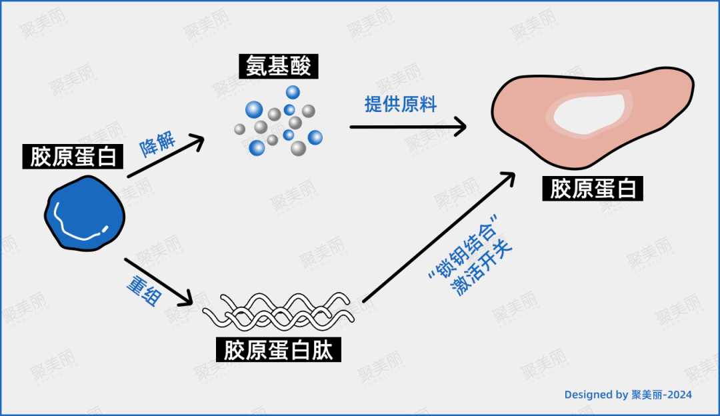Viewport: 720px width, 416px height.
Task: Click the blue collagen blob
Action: point(84,213)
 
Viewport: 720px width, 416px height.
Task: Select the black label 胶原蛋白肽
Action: point(278,349)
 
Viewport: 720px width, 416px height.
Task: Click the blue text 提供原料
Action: point(400,104)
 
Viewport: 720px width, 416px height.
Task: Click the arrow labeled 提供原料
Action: point(407,126)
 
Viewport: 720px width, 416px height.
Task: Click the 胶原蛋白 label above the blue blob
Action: point(73,157)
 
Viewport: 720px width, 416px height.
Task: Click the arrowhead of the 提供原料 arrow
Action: point(459,126)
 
